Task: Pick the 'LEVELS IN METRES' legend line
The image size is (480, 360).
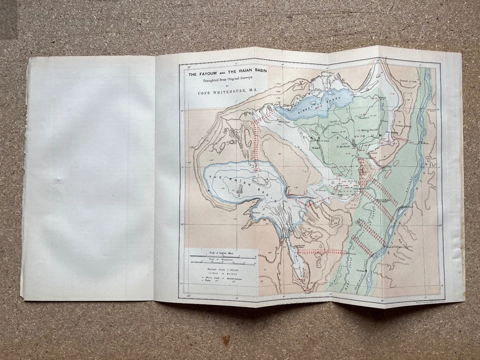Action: point(220,274)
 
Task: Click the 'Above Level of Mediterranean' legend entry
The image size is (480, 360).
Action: point(221,278)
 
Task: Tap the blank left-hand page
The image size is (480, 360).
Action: point(90,175)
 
